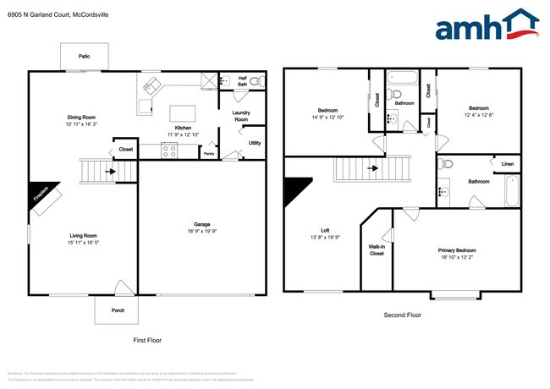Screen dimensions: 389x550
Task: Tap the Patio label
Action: click(84, 56)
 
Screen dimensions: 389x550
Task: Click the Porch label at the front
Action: click(118, 310)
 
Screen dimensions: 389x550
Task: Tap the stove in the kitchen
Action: click(168, 151)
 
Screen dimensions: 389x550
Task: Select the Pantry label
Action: click(208, 154)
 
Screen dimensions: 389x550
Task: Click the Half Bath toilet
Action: click(256, 81)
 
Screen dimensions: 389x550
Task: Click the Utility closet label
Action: click(254, 143)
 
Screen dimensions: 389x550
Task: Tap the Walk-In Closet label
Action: click(377, 250)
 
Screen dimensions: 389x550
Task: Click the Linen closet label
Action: click(507, 163)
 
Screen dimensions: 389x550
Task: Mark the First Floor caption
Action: click(147, 340)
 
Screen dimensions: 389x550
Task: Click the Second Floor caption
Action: click(403, 315)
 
